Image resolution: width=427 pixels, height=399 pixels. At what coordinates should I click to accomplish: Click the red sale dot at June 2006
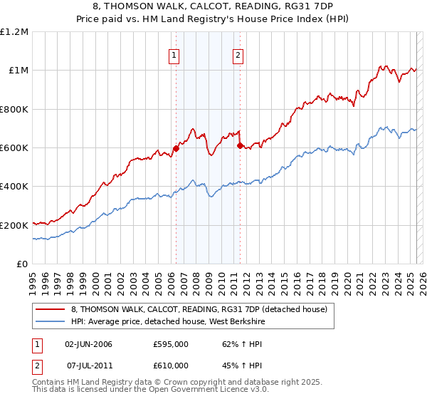click(x=176, y=149)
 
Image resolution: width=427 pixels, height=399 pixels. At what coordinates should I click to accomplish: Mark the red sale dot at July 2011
click(x=240, y=146)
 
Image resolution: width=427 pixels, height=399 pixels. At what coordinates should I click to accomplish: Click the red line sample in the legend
click(x=50, y=310)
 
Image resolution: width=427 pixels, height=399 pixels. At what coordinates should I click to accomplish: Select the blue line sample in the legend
click(x=50, y=321)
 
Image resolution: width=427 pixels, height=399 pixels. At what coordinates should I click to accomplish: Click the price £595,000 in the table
click(x=171, y=344)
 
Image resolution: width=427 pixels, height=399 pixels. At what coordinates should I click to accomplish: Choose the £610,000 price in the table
click(x=171, y=365)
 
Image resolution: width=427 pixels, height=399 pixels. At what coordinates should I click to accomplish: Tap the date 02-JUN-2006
click(x=88, y=344)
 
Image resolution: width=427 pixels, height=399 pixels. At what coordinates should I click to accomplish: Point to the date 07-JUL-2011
click(x=88, y=365)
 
